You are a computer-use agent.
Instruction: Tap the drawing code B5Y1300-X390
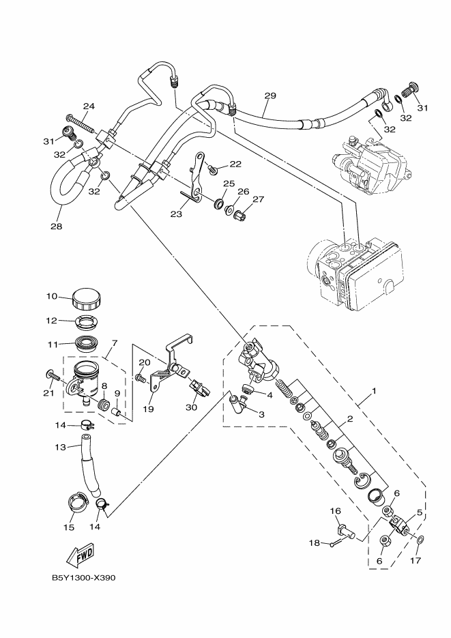click(x=84, y=577)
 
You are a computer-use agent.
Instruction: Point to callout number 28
click(x=55, y=226)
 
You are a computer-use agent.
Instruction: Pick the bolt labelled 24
click(x=83, y=125)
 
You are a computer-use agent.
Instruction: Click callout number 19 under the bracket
click(x=148, y=409)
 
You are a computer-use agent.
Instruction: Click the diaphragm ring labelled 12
click(x=85, y=321)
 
